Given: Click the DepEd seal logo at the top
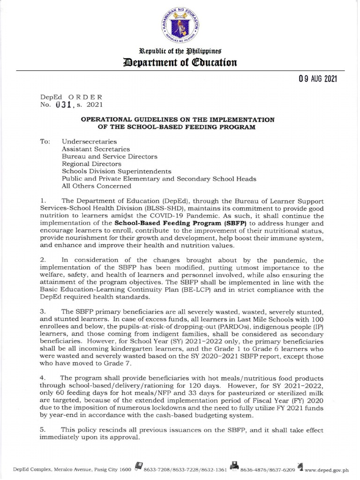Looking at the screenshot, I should click(x=180, y=26).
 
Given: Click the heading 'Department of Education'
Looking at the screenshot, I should click(x=180, y=62).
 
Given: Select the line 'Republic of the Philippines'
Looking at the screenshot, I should click(x=180, y=51).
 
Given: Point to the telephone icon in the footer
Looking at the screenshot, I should click(x=138, y=467).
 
